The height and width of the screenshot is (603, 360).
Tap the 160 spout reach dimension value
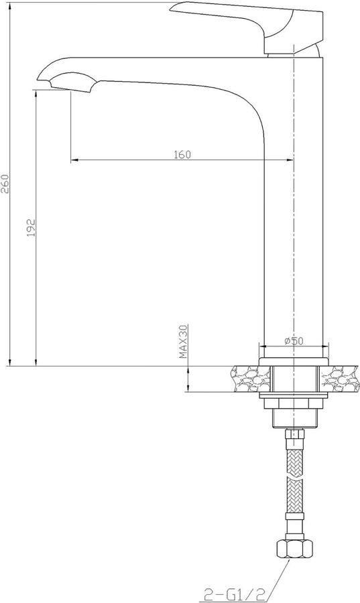tap(182, 155)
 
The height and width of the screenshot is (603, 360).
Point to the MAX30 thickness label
tap(182, 343)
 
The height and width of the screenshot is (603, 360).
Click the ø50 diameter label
tap(294, 341)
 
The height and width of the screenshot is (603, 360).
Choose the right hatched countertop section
tap(342, 379)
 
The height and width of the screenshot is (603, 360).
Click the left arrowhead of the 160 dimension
tap(74, 160)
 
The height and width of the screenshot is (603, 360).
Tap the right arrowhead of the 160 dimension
tap(290, 160)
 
